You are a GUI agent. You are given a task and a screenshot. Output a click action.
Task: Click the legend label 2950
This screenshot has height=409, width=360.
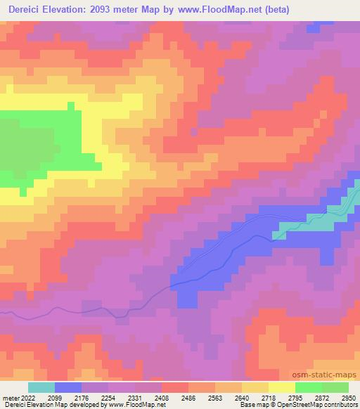[x=348, y=398]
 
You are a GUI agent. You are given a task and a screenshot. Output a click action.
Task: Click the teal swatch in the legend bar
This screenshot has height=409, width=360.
[x=41, y=387]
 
